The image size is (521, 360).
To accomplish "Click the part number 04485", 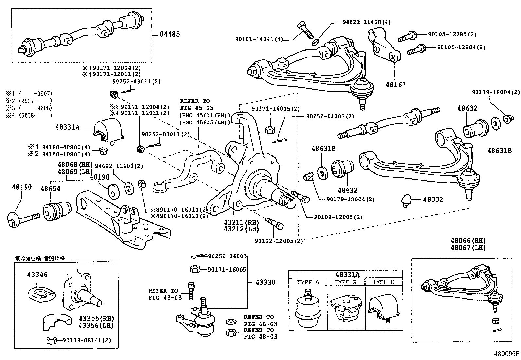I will tap(170, 34).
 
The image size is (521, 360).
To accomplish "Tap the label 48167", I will tap(395, 85).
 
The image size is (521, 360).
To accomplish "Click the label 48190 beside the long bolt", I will tap(22, 187).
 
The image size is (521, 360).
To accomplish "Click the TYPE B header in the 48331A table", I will tap(345, 282).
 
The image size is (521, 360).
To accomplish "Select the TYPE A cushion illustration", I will tap(307, 307).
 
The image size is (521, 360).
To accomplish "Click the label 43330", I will tap(265, 282).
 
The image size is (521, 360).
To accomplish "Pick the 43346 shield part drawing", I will tap(41, 292).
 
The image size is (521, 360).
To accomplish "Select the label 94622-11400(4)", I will tap(366, 22).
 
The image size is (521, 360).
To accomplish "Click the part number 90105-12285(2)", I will tap(452, 34).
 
